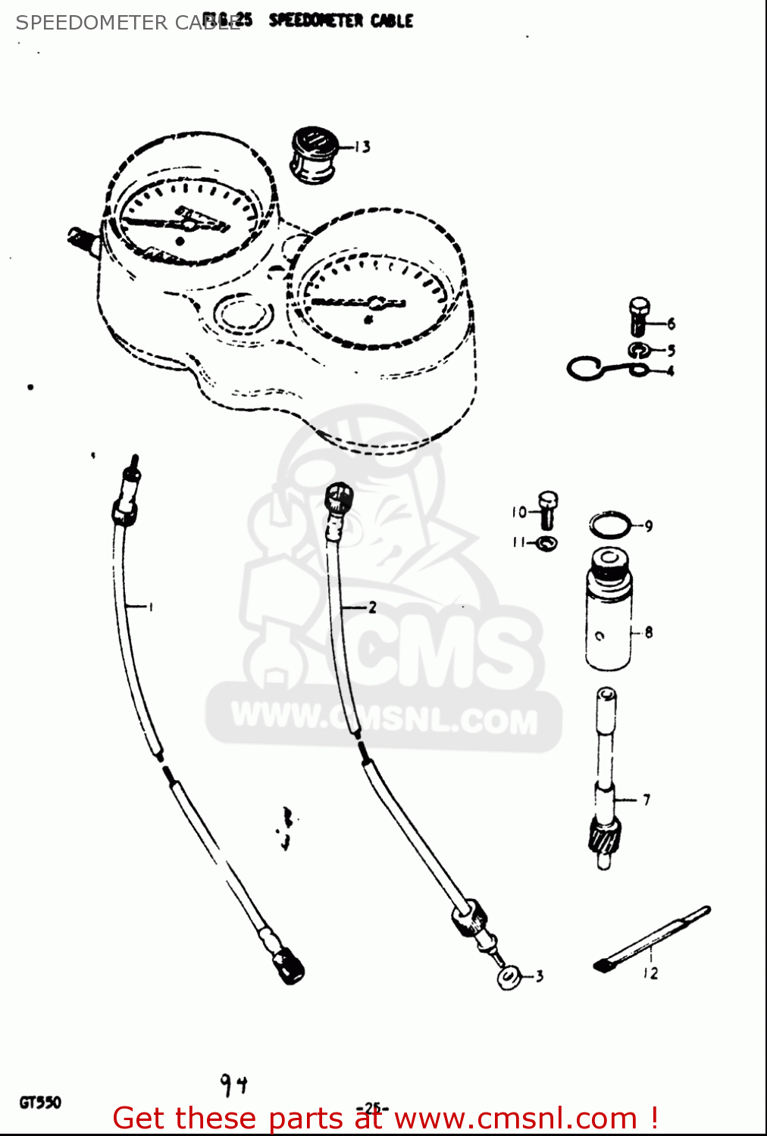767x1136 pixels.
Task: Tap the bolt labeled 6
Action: click(x=639, y=317)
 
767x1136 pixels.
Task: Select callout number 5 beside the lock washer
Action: click(x=671, y=351)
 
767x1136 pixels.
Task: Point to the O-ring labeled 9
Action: click(x=609, y=524)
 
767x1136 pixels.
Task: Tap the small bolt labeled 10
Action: click(x=548, y=510)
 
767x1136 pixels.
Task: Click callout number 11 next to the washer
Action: click(x=518, y=542)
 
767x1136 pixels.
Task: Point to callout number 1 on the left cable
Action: click(x=150, y=607)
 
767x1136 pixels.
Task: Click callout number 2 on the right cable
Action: click(x=371, y=607)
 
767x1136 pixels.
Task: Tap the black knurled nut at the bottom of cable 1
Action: click(x=289, y=966)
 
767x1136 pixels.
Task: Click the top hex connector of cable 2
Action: click(x=338, y=498)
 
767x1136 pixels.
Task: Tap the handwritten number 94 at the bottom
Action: click(x=233, y=1085)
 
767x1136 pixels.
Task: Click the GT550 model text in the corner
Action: click(x=40, y=1103)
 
